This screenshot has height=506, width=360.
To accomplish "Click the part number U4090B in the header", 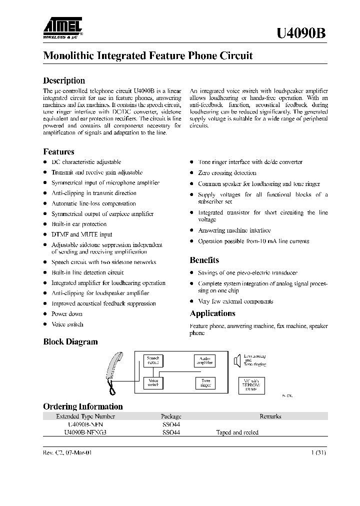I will pos(302,33).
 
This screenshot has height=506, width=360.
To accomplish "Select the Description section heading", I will pos(64,80).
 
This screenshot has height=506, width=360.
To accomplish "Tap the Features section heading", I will pos(58,151).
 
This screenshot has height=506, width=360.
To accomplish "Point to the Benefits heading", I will pos(204,260).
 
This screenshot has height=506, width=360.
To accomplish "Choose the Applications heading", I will pos(212,313).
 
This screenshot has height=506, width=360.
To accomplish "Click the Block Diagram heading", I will pos(70,342).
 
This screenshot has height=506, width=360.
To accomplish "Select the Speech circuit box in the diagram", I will pos(152,360).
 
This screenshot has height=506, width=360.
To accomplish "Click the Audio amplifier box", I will pos(204,360).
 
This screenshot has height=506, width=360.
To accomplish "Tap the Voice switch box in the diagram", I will pos(152,383).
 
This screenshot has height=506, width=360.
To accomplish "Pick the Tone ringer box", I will pos(205,383).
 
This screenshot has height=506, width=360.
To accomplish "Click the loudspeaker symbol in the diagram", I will pos(237,360).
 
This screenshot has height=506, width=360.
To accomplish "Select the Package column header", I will pos(171,416).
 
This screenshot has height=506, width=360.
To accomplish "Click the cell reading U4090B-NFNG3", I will pos(85,432).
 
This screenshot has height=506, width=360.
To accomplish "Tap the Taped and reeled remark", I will pos(237,432).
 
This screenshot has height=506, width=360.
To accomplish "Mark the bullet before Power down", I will pos(45,314).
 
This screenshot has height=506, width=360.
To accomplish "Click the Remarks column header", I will pos(270,416).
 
